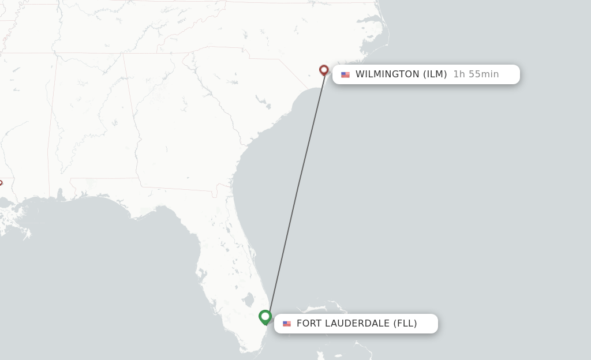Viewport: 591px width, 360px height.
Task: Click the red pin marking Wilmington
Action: coord(324,70)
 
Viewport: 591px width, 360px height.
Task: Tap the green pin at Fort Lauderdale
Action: coord(265,317)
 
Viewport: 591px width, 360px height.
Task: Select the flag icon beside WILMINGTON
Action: coord(345,74)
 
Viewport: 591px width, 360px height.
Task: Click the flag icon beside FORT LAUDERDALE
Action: coord(287,324)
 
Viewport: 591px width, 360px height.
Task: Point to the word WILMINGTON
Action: coord(387,74)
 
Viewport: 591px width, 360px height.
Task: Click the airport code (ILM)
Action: coord(435,74)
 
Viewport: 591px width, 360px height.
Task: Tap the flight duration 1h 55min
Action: coord(476,74)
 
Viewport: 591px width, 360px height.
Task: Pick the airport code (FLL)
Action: coord(405,323)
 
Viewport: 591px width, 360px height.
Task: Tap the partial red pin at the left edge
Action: coord(1,183)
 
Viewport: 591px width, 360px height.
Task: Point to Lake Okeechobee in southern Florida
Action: coord(248,301)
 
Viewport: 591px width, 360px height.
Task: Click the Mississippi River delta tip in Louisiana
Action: coord(27,235)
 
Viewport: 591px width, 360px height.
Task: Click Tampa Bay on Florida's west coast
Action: coord(203,271)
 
